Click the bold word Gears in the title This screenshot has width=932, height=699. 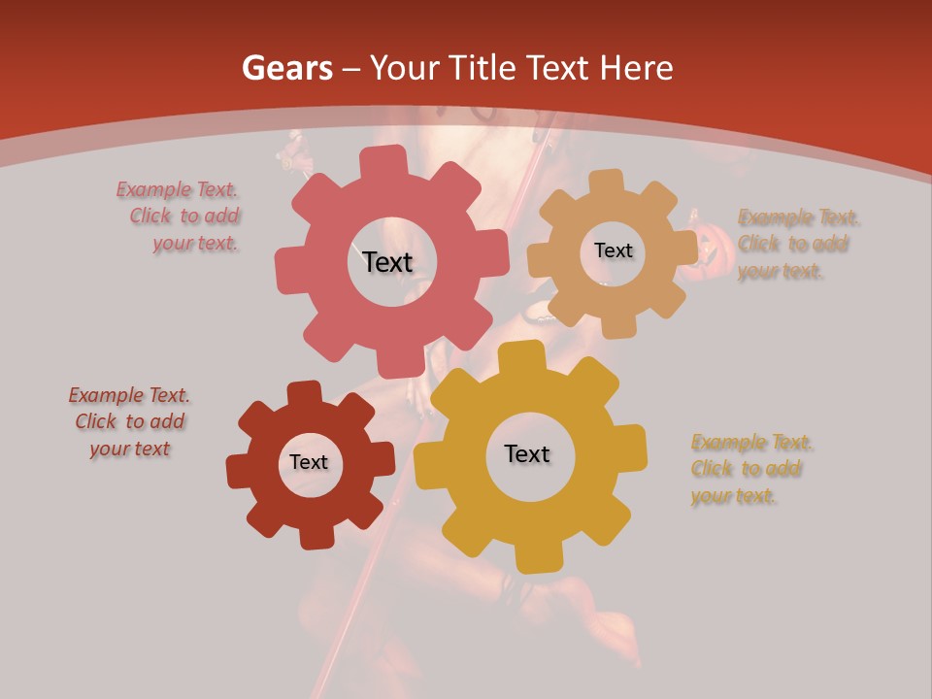(286, 68)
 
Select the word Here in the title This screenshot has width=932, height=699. (637, 68)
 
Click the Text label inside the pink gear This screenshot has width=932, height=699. (387, 262)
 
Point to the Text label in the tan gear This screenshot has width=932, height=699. (613, 250)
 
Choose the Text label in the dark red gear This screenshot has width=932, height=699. (309, 463)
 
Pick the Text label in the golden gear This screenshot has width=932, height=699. (527, 454)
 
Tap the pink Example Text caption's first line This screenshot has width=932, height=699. (177, 189)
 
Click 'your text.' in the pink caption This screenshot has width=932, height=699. (195, 244)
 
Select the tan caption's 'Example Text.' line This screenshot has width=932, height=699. (799, 216)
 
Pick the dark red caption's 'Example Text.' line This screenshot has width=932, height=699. (129, 395)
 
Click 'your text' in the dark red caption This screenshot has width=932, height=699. (130, 449)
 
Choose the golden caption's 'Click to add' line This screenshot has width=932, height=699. (746, 469)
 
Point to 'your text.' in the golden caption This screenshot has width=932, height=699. (733, 496)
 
